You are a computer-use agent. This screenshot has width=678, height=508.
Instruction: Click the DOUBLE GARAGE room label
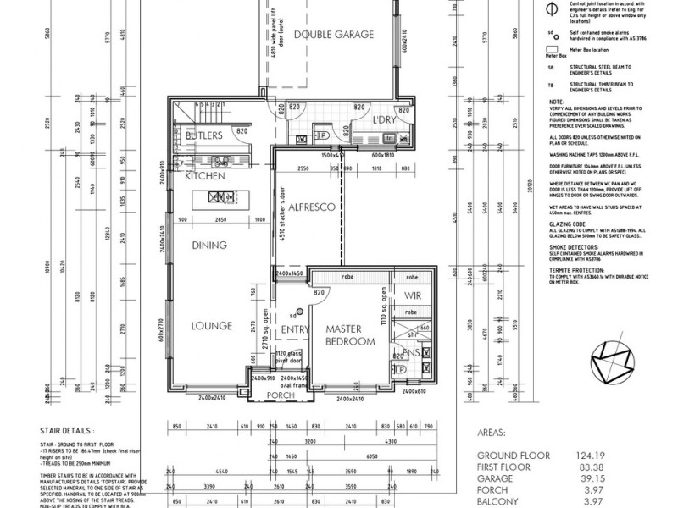[334, 35]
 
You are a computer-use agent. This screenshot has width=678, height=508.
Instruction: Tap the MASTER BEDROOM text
[351, 334]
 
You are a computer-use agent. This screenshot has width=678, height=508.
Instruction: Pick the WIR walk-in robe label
[413, 295]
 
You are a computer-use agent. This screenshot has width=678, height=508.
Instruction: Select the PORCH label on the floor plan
[281, 395]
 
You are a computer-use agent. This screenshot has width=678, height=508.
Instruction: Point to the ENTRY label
[296, 329]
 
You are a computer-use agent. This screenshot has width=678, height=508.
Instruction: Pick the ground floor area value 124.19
[584, 456]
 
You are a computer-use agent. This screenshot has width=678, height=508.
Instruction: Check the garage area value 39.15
[584, 478]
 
